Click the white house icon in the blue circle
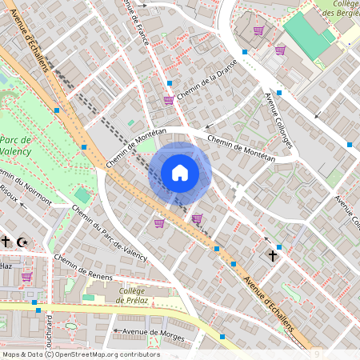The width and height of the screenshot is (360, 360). click(x=180, y=172)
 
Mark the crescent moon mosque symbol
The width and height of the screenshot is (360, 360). click(x=23, y=241)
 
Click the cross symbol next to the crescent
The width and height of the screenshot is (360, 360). click(x=6, y=241)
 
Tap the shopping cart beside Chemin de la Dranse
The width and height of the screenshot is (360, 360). click(x=168, y=100)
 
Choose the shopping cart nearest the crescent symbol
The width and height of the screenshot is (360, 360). click(x=26, y=277)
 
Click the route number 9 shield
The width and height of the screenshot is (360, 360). click(x=317, y=353)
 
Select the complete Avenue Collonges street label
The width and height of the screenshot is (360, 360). click(x=278, y=119)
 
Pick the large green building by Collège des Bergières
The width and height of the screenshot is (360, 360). click(x=308, y=37)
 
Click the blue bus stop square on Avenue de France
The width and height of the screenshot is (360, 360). click(x=170, y=82)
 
